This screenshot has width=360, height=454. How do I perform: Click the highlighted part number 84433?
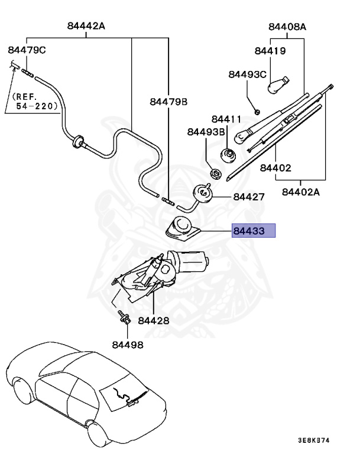point(249,231)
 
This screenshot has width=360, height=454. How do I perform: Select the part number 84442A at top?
point(86,26)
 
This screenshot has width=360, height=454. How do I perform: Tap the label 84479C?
point(27,50)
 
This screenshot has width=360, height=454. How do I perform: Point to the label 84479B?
point(168,102)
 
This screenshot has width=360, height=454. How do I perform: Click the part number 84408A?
point(287,27)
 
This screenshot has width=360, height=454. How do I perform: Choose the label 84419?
point(270,51)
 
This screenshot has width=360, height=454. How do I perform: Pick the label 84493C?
point(247,74)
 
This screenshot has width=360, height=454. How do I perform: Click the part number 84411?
point(226,119)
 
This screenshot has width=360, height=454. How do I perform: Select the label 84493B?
point(206,132)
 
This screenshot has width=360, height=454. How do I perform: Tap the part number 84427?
point(249,197)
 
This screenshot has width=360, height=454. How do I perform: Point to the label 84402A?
point(301,192)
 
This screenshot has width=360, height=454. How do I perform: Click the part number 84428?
point(154,320)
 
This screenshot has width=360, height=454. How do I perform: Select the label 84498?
point(128,345)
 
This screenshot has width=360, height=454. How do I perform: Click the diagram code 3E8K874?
point(314,440)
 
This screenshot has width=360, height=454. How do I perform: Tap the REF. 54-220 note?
point(34,101)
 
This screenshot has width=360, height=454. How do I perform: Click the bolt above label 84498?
point(124,317)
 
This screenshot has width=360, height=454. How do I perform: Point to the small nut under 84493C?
point(257,111)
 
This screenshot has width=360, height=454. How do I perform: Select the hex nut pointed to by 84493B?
point(216,173)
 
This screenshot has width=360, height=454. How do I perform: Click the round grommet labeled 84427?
point(203,194)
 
